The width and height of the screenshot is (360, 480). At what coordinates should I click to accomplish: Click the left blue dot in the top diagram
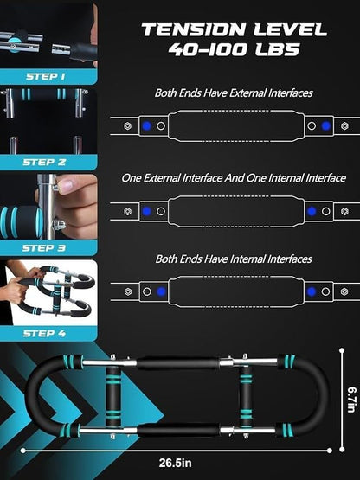[147, 125]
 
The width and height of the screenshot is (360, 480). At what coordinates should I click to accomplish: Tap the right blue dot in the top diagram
[325, 125]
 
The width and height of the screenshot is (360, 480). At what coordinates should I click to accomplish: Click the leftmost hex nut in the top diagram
[127, 125]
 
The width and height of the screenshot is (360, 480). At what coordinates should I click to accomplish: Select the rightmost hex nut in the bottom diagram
[344, 291]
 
